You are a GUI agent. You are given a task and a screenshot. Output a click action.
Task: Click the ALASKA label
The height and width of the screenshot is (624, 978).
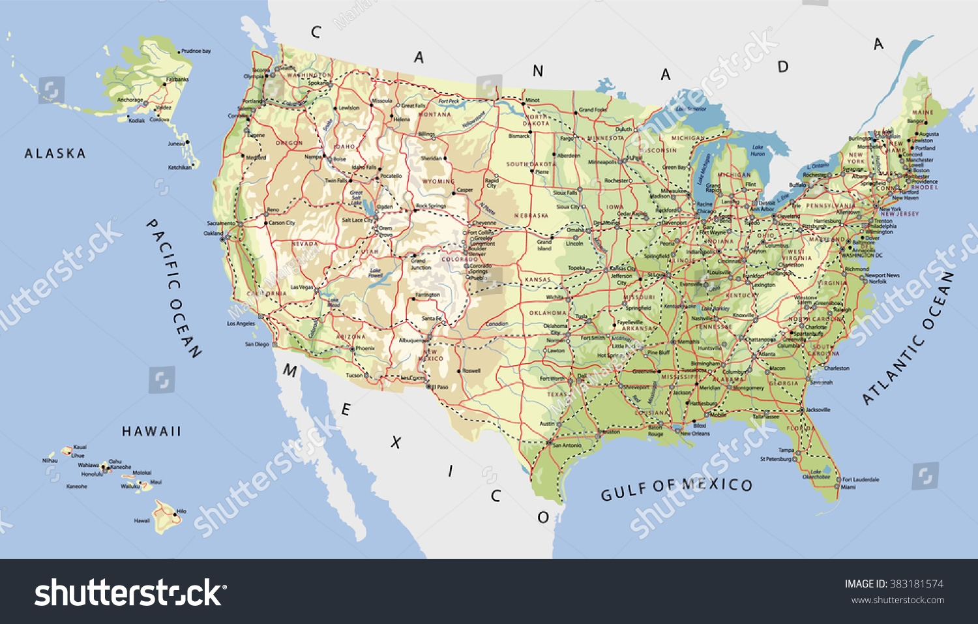(55, 154)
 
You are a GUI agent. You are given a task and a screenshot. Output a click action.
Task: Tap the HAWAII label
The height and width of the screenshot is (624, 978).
(151, 432)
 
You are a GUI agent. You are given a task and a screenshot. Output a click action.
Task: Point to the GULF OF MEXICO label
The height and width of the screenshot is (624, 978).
(676, 488)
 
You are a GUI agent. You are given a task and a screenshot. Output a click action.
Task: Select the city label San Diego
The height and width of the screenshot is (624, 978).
(257, 344)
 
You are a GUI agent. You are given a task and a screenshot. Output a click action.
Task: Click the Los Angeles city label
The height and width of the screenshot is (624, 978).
(241, 323)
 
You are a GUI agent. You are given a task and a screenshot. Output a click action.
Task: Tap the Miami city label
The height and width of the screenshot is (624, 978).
(848, 487)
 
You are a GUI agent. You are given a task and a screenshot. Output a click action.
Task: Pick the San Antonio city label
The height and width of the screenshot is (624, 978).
(566, 445)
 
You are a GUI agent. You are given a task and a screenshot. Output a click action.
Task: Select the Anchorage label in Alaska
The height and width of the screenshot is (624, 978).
(130, 100)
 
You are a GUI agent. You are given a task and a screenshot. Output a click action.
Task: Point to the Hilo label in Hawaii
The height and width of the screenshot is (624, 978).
(181, 511)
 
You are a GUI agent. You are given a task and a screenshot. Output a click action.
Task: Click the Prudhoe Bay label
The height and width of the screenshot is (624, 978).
(196, 51)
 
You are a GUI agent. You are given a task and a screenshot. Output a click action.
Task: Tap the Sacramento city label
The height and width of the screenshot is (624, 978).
(221, 223)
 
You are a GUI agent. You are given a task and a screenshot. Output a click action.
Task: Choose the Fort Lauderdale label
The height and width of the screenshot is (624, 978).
(861, 479)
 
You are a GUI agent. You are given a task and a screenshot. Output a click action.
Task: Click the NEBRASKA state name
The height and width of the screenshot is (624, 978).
(531, 216)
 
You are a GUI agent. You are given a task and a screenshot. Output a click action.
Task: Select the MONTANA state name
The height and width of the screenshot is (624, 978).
(434, 114)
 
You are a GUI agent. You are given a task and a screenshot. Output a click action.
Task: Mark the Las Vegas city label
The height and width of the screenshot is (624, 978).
(302, 287)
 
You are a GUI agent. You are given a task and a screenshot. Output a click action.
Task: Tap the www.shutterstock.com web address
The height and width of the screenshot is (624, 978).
(898, 601)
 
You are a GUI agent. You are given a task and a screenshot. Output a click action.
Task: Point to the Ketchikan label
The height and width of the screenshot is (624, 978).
(180, 168)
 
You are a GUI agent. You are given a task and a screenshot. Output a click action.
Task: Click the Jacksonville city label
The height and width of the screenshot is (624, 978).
(818, 409)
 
